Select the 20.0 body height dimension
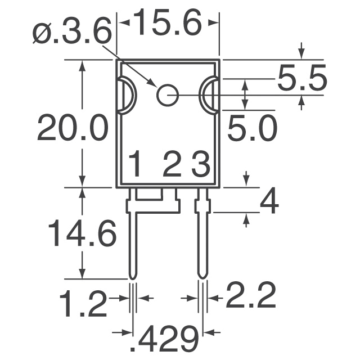point(72,129)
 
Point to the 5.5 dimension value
point(301,80)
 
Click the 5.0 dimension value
point(252,129)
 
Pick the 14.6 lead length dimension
point(82,233)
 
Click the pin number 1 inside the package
point(136,165)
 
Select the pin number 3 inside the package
point(200,165)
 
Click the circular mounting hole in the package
point(167,96)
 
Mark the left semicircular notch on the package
point(126,96)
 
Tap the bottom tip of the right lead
point(202,275)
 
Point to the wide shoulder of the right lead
point(202,205)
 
